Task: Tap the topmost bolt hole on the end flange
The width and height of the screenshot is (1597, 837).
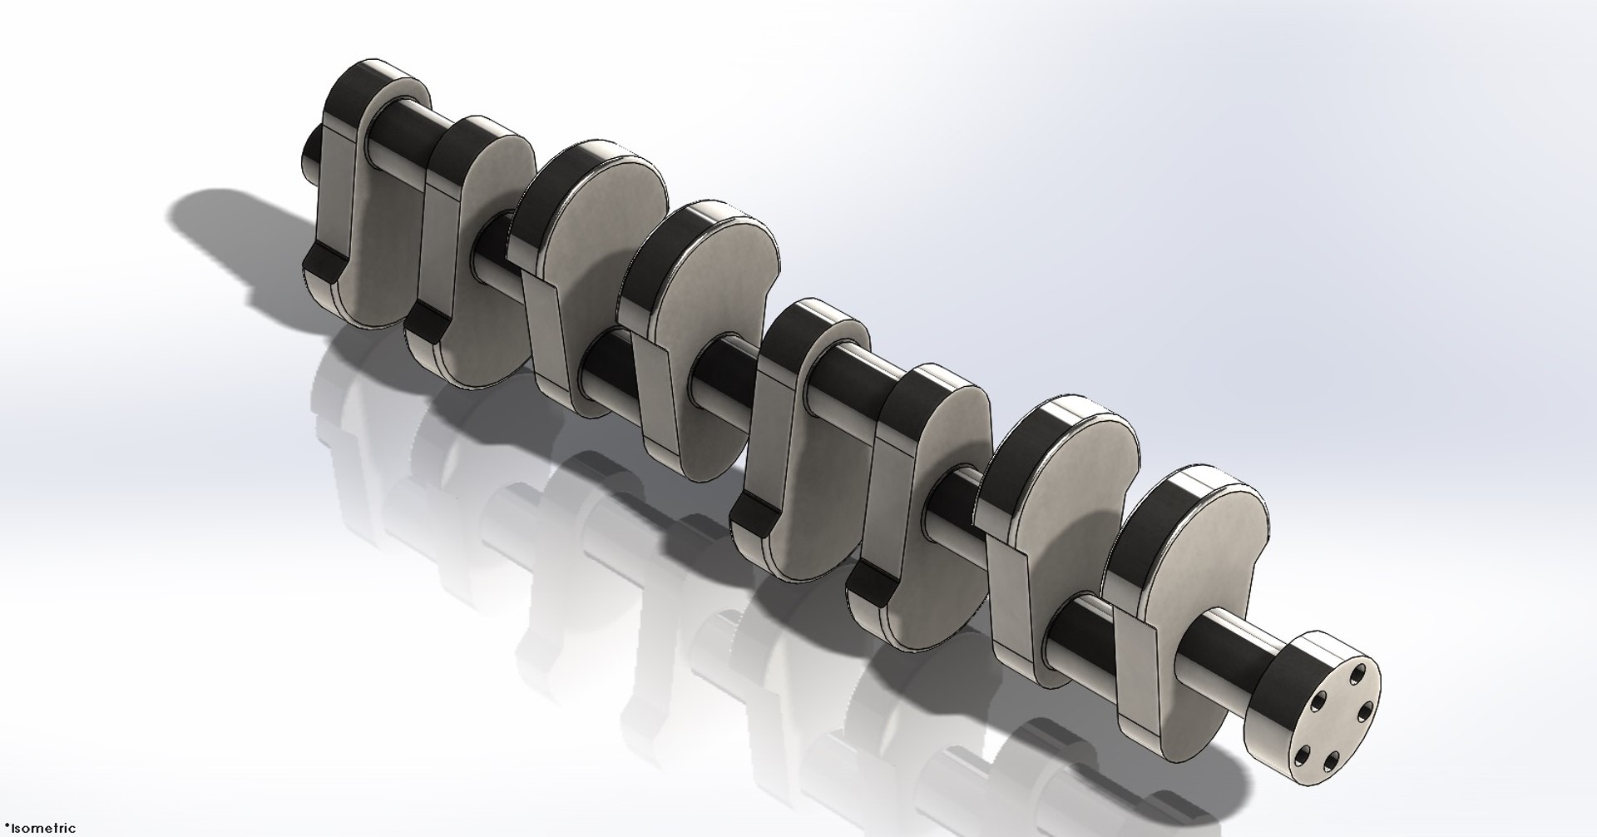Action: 1358,674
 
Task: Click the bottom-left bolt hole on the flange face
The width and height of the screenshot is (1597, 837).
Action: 1303,755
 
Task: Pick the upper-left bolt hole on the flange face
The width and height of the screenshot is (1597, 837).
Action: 1318,701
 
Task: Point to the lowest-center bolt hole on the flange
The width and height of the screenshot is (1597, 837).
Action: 1332,760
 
